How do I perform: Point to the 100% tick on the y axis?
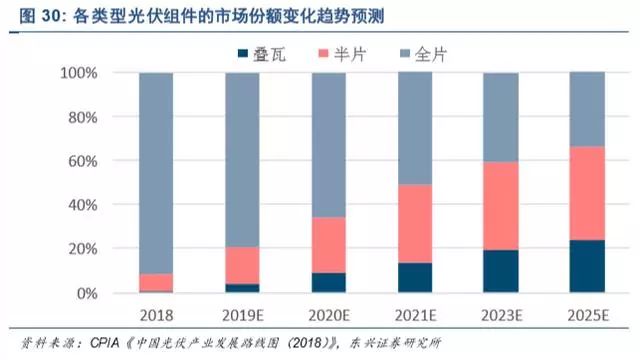pyautogui.click(x=78, y=74)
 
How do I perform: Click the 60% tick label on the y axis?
pyautogui.click(x=81, y=161)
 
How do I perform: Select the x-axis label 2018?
pyautogui.click(x=157, y=313)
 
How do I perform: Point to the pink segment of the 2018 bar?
pyautogui.click(x=157, y=282)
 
